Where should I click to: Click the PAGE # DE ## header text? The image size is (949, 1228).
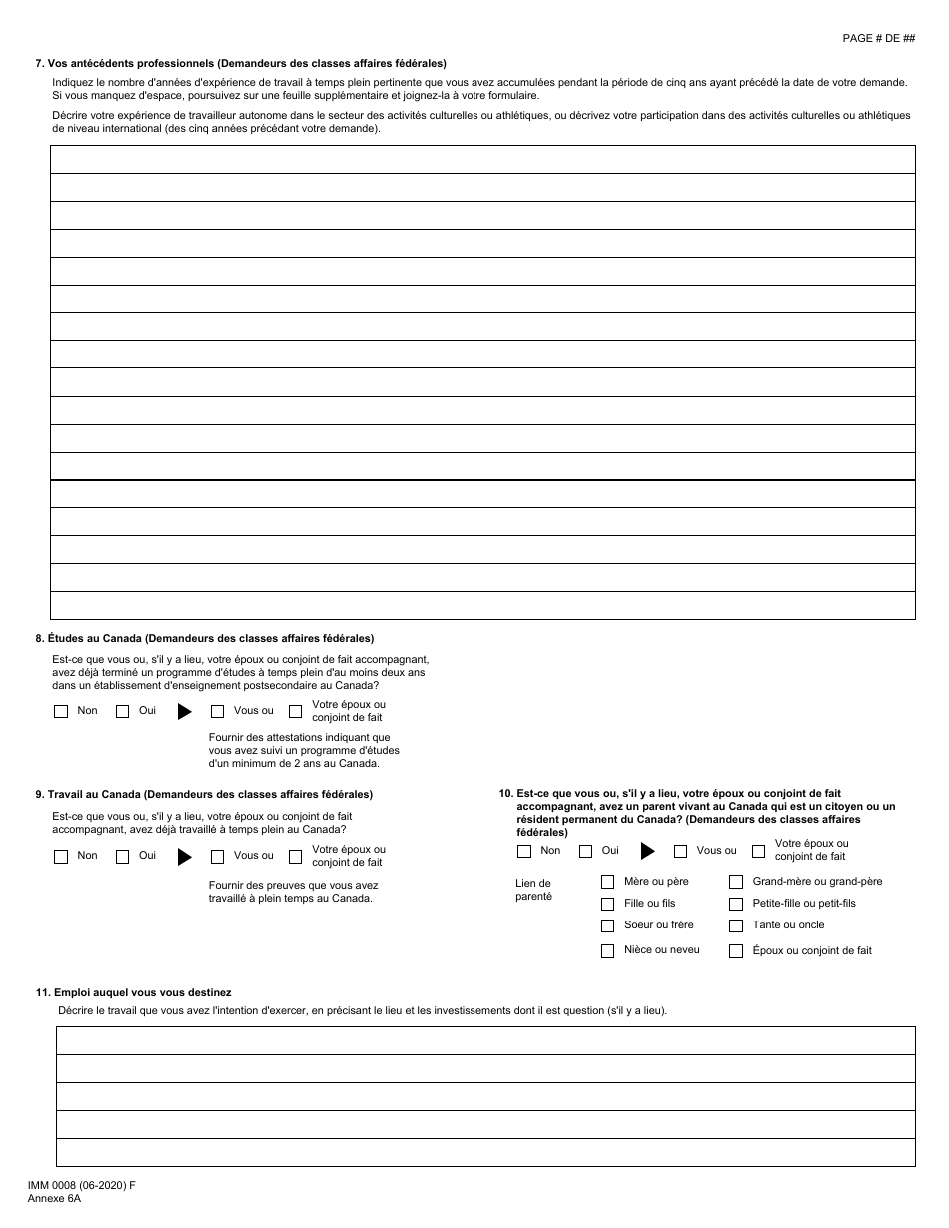click(878, 38)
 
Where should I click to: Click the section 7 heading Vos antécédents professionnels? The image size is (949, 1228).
click(241, 63)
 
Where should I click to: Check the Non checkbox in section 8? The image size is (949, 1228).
click(61, 712)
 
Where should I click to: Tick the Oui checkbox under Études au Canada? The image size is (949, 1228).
click(123, 712)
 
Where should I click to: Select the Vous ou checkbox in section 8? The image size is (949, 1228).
click(217, 712)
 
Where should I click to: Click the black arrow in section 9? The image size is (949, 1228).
click(184, 856)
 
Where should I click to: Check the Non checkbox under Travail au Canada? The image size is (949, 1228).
click(61, 856)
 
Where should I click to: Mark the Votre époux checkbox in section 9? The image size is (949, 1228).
click(295, 856)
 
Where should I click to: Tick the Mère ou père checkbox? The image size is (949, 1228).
click(607, 882)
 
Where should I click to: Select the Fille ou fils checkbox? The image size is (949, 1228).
click(607, 904)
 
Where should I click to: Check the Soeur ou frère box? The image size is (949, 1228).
click(607, 925)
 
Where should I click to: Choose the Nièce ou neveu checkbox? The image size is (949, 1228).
click(607, 951)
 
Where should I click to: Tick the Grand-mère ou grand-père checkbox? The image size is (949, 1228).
click(736, 882)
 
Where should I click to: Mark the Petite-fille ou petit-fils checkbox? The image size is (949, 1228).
click(736, 904)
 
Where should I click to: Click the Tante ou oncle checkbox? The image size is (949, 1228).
click(736, 925)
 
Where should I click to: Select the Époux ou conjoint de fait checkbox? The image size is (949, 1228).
click(736, 951)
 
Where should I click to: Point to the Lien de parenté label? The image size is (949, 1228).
click(532, 890)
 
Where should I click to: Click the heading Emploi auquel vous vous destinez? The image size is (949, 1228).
click(133, 992)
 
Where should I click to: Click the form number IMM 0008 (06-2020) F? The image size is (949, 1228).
click(82, 1185)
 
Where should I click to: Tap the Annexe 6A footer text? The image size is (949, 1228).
click(54, 1198)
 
